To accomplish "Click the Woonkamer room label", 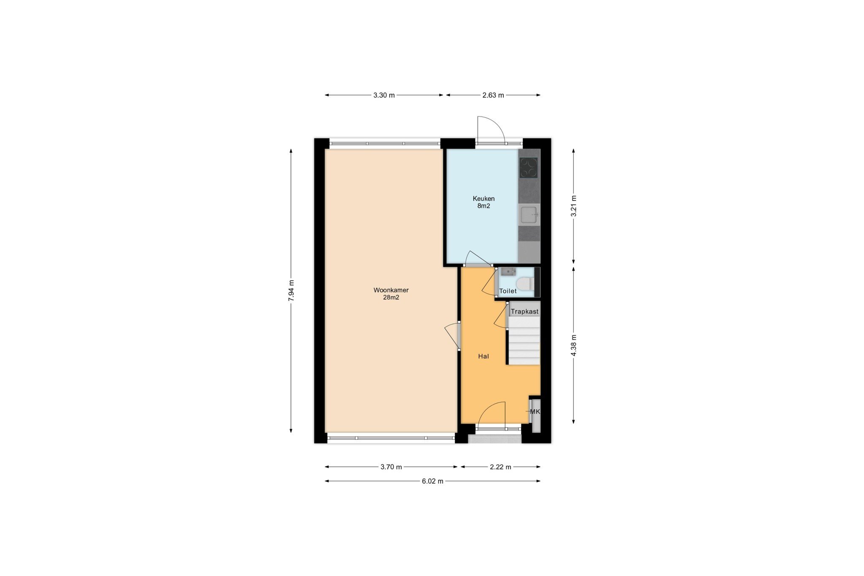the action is [391, 290].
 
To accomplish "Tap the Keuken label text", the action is [483, 199].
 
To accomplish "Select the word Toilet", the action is [508, 291].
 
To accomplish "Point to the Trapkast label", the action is [524, 312].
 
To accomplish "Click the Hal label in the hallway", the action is [483, 357].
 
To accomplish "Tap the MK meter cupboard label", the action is [535, 412].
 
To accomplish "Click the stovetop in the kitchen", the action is [529, 168].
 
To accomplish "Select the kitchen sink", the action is [529, 215].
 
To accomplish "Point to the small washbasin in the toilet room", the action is [508, 271].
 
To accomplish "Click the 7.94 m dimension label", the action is [291, 290].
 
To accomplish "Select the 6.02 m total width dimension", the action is [433, 481].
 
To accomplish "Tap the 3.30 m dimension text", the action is [384, 95].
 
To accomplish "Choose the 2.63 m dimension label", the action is [493, 95].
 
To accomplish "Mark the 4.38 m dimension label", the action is [574, 345].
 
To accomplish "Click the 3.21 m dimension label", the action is [574, 206].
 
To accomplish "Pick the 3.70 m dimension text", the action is [391, 467].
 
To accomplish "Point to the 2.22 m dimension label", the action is [500, 467].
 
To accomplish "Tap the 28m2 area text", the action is [391, 297].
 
